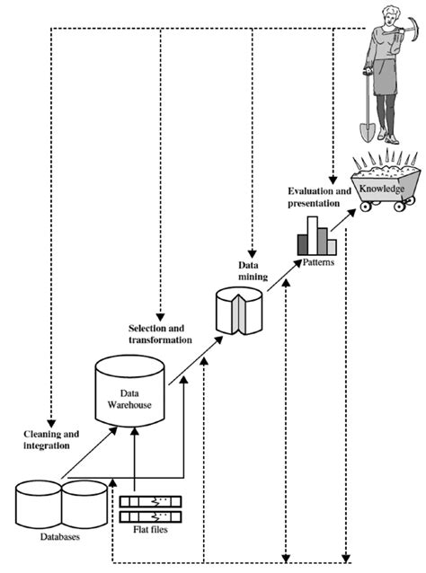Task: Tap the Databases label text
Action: click(51, 537)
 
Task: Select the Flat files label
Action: click(150, 529)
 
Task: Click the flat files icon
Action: click(150, 508)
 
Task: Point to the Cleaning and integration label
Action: click(50, 439)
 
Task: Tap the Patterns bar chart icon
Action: click(316, 235)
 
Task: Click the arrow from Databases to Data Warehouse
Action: click(90, 454)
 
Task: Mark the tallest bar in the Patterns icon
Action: click(316, 229)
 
